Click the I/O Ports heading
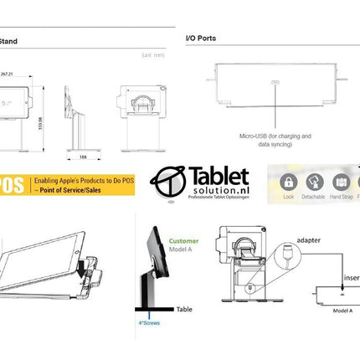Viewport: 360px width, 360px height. [200, 39]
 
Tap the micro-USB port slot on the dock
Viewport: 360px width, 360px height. [275, 82]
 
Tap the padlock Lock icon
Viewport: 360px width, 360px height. [289, 182]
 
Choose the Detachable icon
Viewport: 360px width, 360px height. [315, 182]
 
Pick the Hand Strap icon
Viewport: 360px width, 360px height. [342, 182]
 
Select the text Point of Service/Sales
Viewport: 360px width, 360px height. [69, 191]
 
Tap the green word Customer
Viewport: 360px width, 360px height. [184, 241]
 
